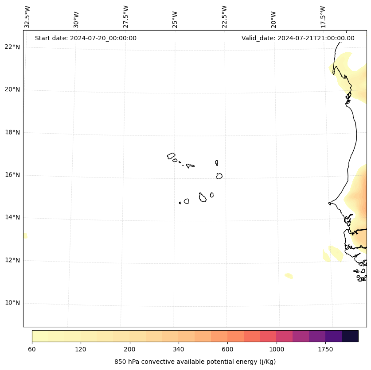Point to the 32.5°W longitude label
(x=27, y=17)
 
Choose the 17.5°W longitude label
(x=323, y=17)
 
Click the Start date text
(x=86, y=38)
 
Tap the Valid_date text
(x=298, y=38)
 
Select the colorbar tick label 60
(x=32, y=349)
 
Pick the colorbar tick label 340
(x=179, y=349)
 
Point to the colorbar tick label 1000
(x=277, y=349)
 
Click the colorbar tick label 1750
(x=325, y=349)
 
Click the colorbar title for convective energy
(x=195, y=362)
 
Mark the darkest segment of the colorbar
(x=350, y=336)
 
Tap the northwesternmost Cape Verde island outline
(x=171, y=156)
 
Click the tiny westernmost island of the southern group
(x=180, y=203)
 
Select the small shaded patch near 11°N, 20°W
(x=289, y=276)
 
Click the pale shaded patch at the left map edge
(x=25, y=236)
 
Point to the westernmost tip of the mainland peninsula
(x=329, y=203)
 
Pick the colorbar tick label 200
(x=130, y=349)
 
